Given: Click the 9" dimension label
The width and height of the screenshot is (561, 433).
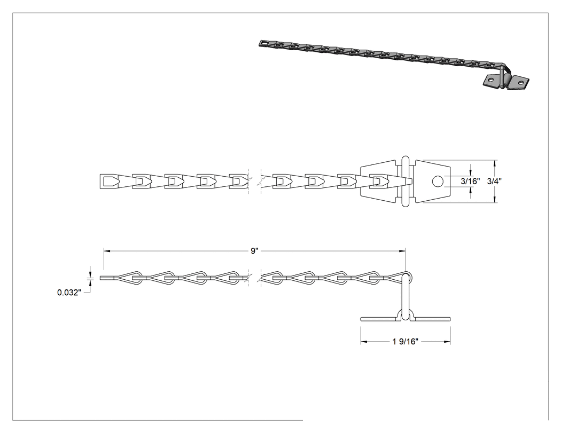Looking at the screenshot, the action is [254, 251].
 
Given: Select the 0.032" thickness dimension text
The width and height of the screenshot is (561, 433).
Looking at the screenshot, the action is [69, 293].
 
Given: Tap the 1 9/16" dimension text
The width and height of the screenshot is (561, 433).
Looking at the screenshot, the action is [406, 342].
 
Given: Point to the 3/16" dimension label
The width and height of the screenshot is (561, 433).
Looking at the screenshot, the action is [470, 182].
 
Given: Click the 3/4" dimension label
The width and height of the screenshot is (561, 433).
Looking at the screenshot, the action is [494, 182].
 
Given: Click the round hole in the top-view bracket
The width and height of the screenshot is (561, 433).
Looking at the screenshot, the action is [437, 182].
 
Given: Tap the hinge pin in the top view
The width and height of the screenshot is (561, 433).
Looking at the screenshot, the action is [405, 181].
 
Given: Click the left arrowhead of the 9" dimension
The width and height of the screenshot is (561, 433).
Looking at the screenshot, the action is [107, 251].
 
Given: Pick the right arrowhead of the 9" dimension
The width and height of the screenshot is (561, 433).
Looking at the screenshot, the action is [402, 251].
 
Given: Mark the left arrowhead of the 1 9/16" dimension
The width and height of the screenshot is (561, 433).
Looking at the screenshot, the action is [364, 342].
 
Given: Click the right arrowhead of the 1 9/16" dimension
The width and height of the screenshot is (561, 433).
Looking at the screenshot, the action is [447, 342].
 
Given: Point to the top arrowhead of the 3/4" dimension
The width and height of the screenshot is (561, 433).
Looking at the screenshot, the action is [495, 163].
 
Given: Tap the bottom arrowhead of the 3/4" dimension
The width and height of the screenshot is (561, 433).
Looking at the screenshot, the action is [495, 200].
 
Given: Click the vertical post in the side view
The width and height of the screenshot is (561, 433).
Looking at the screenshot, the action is [405, 297].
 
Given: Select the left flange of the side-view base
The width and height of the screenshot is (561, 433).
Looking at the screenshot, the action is [379, 319].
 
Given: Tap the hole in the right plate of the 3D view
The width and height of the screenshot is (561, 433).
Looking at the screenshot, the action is [520, 83].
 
